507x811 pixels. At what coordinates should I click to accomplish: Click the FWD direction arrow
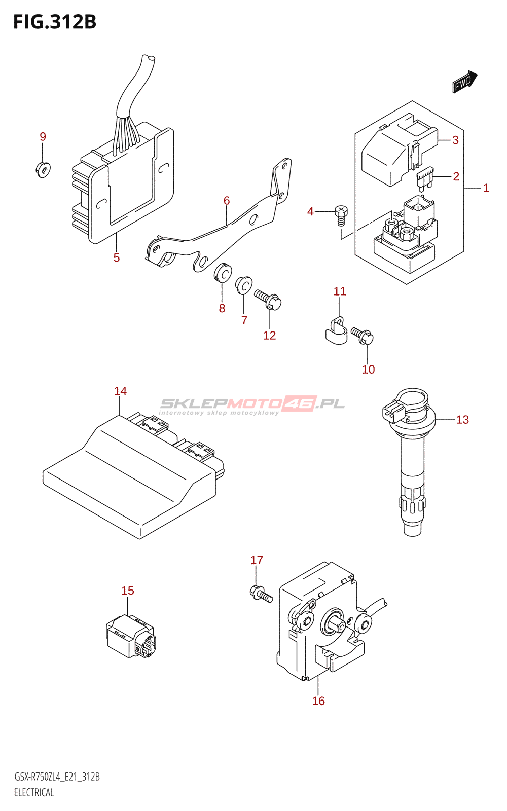(x=464, y=82)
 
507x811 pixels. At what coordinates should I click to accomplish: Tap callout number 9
(x=43, y=137)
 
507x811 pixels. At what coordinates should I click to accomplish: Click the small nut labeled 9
(x=43, y=169)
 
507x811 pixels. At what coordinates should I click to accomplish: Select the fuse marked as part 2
(x=424, y=178)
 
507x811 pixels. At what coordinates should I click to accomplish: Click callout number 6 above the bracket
(x=227, y=201)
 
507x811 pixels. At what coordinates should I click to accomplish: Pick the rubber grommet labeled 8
(x=222, y=274)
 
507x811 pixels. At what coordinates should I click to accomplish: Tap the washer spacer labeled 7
(x=244, y=285)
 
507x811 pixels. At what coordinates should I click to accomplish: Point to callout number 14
(x=120, y=391)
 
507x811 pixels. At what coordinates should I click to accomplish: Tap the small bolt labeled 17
(x=261, y=593)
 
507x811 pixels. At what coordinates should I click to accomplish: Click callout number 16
(x=318, y=701)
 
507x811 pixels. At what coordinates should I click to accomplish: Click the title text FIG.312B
(x=55, y=22)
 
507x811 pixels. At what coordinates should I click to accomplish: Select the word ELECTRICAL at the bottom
(x=34, y=793)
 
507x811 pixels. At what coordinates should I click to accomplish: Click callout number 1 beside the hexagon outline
(x=486, y=189)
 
